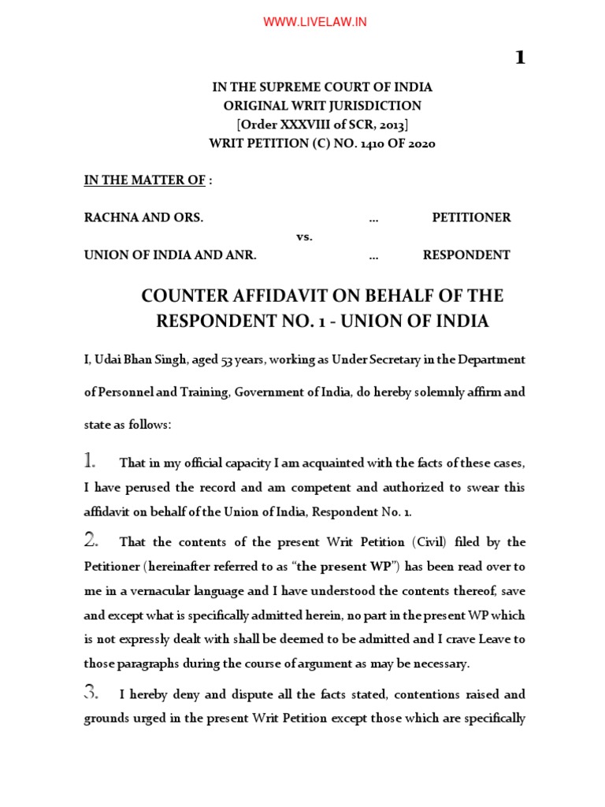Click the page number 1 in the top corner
pyautogui.click(x=519, y=58)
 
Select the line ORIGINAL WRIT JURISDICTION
pyautogui.click(x=321, y=106)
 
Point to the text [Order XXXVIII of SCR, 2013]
pyautogui.click(x=321, y=125)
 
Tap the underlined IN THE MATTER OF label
pyautogui.click(x=145, y=180)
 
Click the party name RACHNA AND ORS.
pyautogui.click(x=143, y=218)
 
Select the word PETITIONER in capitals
pyautogui.click(x=471, y=218)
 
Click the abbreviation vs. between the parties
pyautogui.click(x=304, y=236)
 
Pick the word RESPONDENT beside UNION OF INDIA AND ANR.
pyautogui.click(x=466, y=255)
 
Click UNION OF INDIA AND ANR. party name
pyautogui.click(x=170, y=255)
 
